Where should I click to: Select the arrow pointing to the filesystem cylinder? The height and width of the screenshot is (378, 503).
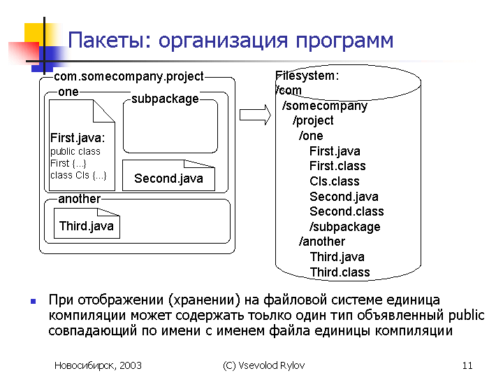click(256, 115)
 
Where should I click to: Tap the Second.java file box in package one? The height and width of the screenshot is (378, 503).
click(169, 176)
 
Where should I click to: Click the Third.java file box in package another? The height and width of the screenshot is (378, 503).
click(87, 223)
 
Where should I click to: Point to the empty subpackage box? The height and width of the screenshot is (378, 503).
click(170, 126)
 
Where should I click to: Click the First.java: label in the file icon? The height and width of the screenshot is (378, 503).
click(78, 138)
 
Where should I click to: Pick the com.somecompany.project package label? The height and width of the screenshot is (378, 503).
click(129, 76)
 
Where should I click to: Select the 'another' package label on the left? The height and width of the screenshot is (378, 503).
click(79, 199)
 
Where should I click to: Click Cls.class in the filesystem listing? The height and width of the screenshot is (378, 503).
click(335, 181)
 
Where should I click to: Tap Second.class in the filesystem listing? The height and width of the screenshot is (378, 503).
click(347, 211)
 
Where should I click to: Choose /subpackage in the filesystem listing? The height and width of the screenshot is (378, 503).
click(345, 227)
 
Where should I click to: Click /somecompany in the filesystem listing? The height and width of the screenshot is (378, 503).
click(325, 106)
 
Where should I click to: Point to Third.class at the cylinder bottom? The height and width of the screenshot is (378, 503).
click(340, 272)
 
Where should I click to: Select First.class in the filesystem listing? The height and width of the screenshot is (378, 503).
click(337, 166)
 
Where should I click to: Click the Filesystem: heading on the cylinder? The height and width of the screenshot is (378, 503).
click(307, 76)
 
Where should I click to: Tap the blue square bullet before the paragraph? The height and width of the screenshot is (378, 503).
click(33, 301)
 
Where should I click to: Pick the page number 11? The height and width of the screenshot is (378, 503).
click(467, 365)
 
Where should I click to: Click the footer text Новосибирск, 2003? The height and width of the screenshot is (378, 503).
click(98, 365)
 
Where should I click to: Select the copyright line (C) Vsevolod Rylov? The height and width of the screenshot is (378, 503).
click(263, 365)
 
